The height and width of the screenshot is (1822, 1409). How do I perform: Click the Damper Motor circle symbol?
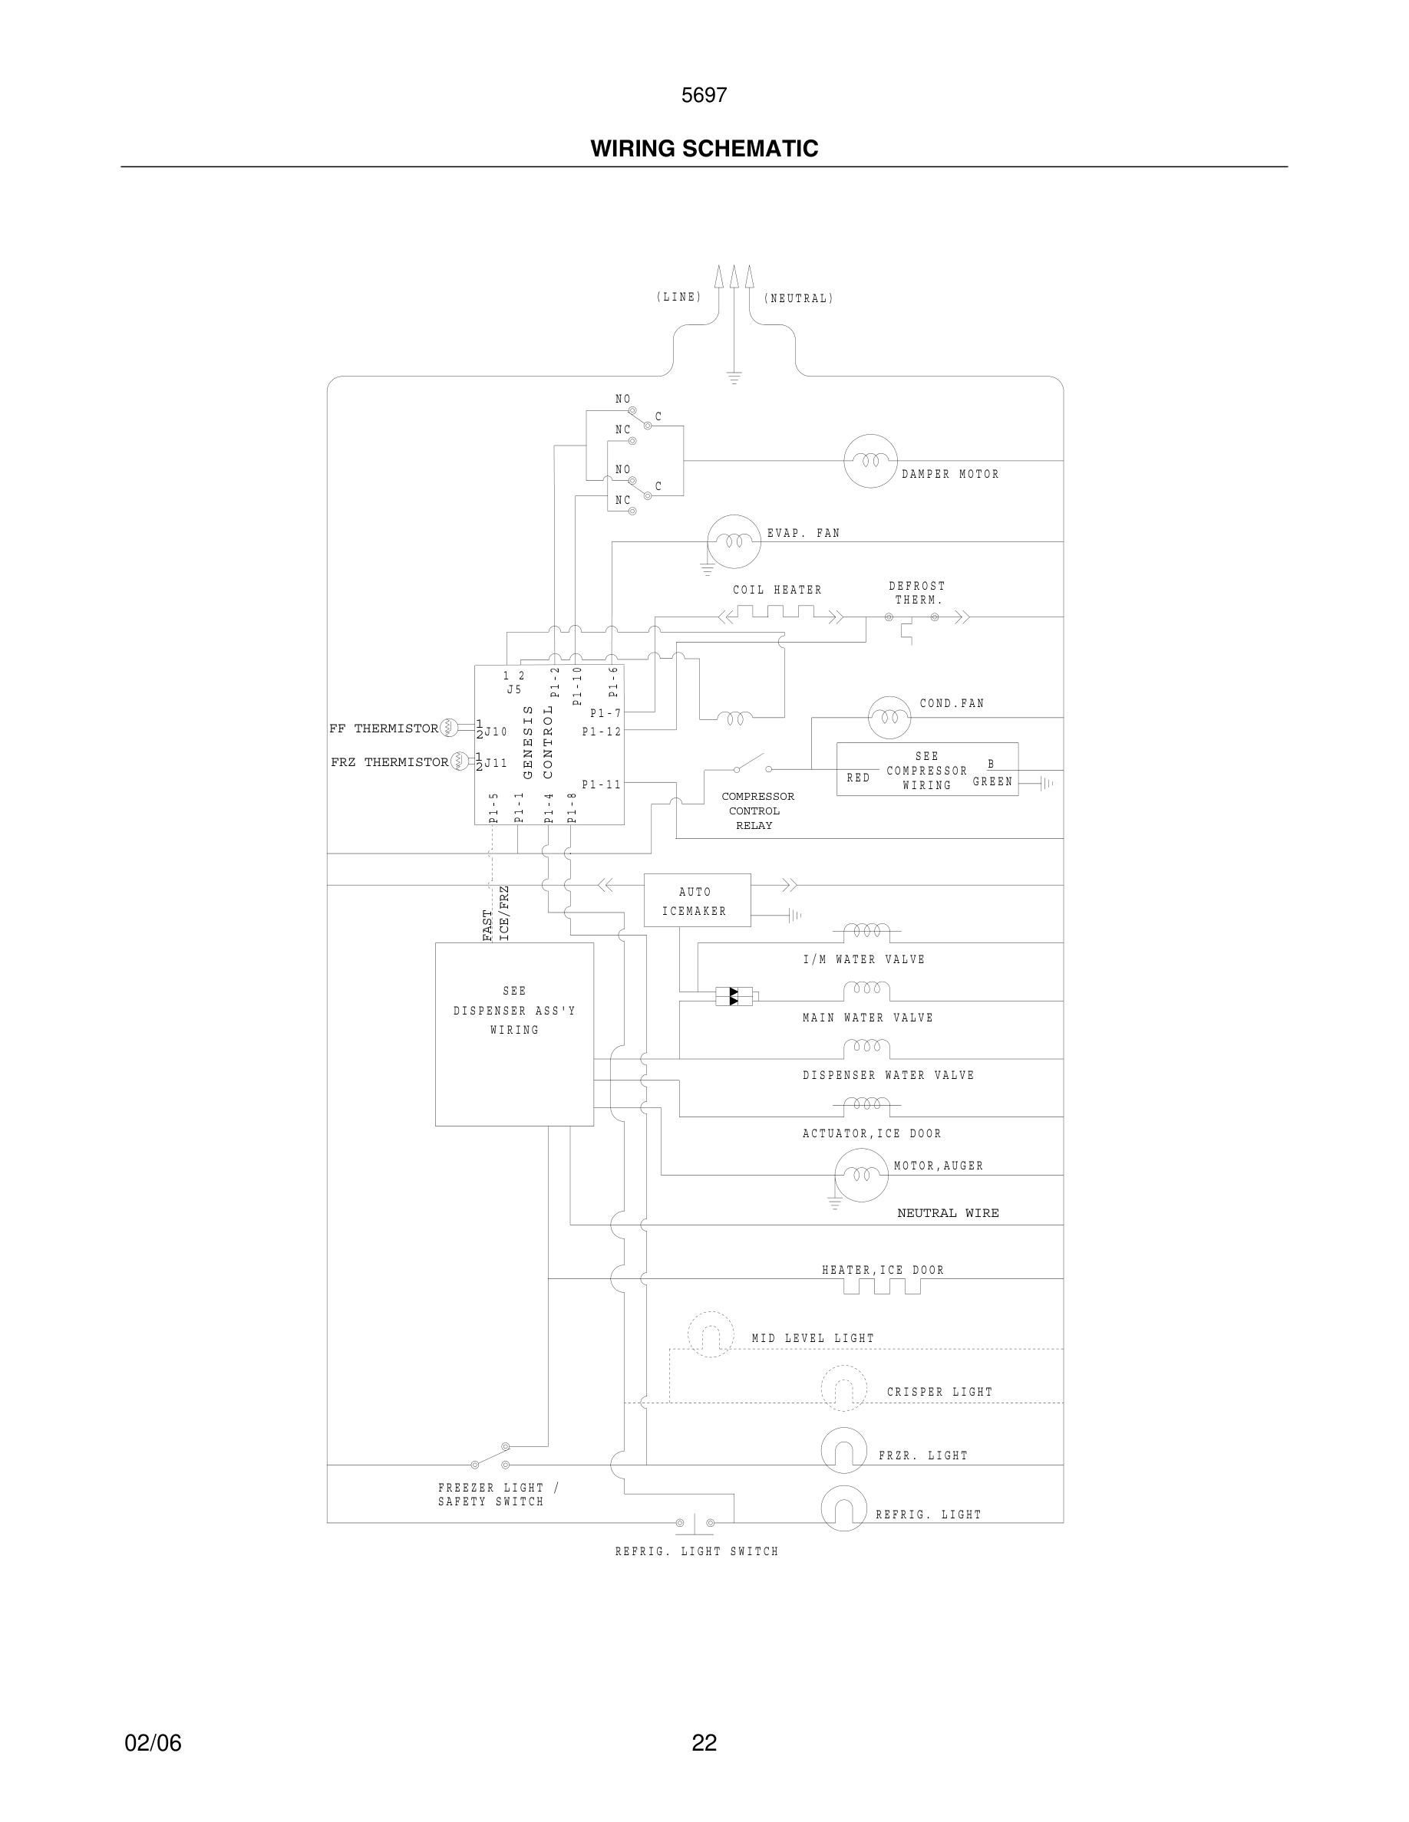click(869, 461)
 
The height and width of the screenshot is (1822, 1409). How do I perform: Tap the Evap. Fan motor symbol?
click(734, 541)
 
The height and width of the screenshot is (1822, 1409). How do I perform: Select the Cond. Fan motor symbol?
click(889, 718)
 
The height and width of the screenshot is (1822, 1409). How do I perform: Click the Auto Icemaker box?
click(697, 900)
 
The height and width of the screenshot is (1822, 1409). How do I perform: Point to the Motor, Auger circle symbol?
click(861, 1176)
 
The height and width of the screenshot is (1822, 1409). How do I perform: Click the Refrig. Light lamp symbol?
click(844, 1508)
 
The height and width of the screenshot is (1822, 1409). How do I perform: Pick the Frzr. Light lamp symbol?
click(844, 1451)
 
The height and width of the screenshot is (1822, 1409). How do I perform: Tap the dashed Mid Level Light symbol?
click(711, 1335)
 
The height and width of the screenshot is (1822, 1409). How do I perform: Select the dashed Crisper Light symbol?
click(844, 1388)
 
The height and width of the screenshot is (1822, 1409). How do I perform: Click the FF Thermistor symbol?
click(449, 728)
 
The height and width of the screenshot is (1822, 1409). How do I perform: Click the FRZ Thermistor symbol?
click(460, 761)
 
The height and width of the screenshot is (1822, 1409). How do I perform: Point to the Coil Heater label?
click(777, 590)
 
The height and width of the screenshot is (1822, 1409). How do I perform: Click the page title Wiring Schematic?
click(704, 149)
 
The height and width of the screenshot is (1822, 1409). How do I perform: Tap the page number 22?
click(704, 1743)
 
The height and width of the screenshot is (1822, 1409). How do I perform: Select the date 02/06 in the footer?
click(153, 1743)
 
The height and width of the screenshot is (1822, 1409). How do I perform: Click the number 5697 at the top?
click(704, 95)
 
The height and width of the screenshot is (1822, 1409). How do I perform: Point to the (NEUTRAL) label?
click(798, 298)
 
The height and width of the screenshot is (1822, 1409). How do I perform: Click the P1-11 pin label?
click(601, 784)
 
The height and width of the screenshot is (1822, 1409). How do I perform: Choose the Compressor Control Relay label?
click(757, 811)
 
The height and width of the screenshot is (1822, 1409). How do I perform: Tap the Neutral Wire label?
click(948, 1213)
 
